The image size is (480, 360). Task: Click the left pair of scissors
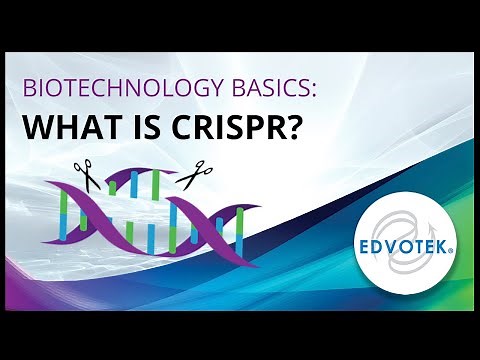[x=84, y=176]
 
